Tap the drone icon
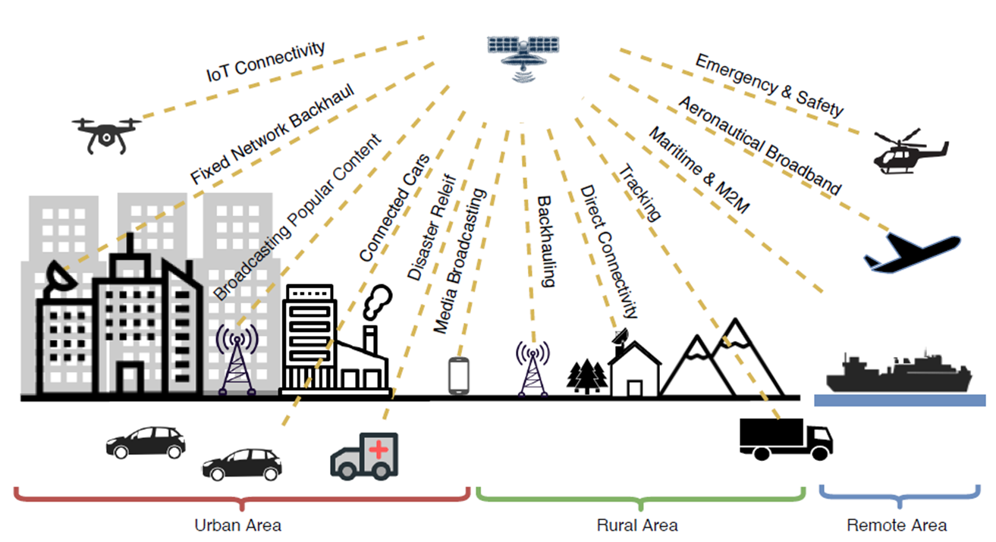pos(107,133)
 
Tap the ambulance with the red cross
pos(364,455)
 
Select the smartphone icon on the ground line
pos(459,375)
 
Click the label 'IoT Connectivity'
pos(265,63)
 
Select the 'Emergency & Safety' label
pos(769,85)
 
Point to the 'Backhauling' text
pos(546,241)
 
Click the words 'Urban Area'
pos(238,525)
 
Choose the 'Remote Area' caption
pos(897,525)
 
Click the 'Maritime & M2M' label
pos(698,171)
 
